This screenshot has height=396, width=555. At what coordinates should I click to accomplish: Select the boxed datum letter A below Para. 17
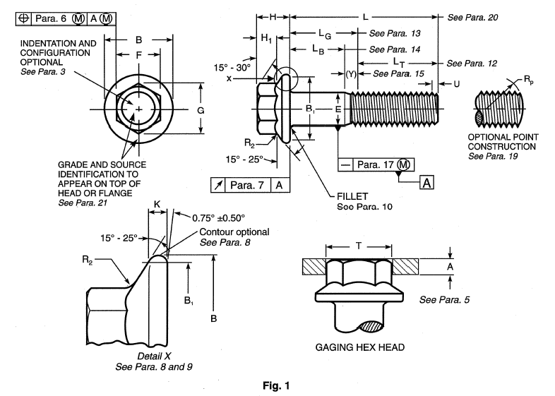click(427, 184)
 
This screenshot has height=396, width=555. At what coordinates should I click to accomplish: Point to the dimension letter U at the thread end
click(456, 84)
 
